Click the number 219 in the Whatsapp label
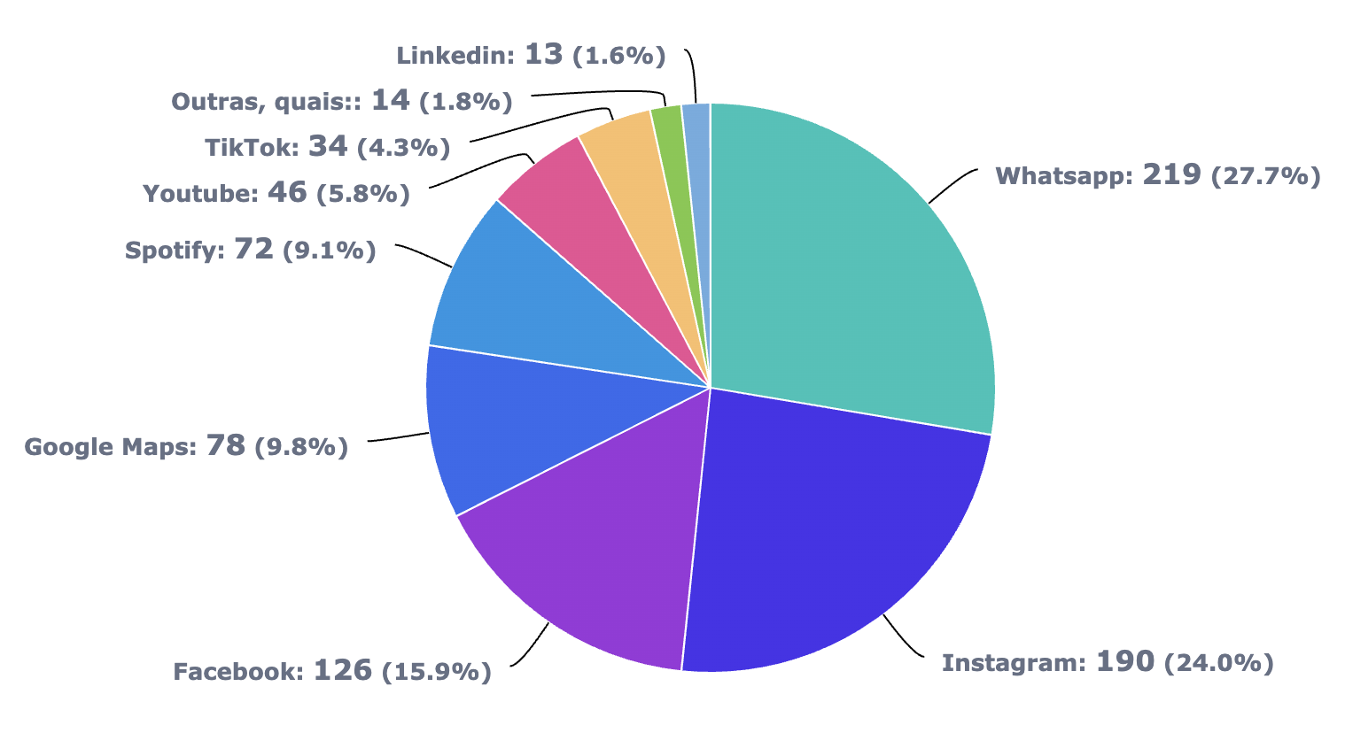tap(1171, 174)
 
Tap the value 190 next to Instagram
tap(1125, 661)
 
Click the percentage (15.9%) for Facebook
tap(436, 673)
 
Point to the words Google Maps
tap(110, 447)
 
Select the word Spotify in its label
tap(175, 251)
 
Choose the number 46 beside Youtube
tap(287, 192)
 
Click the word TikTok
tap(252, 147)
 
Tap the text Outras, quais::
tap(266, 102)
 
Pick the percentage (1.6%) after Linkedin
tap(618, 57)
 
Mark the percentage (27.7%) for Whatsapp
tap(1266, 177)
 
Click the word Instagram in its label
tap(1013, 663)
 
